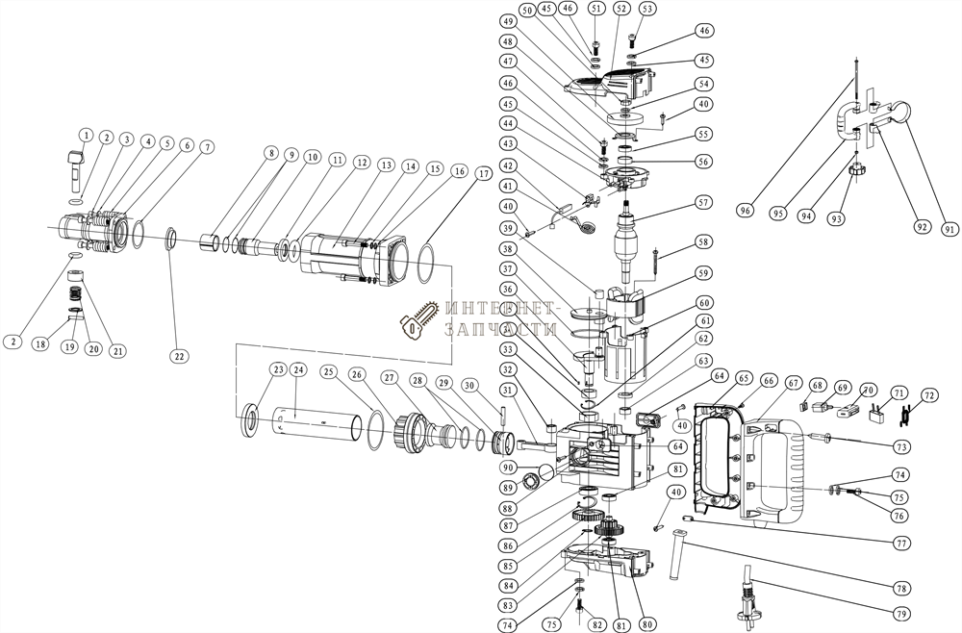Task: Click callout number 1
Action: point(86,136)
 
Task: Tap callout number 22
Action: point(179,356)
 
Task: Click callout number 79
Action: point(901,614)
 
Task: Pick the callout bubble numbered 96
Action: point(746,211)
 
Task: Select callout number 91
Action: point(950,229)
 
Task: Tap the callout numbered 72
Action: point(929,395)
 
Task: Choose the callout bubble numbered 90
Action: point(509,467)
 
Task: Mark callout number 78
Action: point(901,587)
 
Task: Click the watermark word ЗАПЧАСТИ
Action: point(500,329)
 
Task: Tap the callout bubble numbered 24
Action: point(298,369)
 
